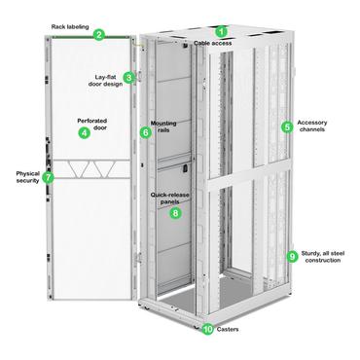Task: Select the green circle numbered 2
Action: pos(99,36)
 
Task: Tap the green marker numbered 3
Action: pos(128,78)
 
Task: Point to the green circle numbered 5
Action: pos(287,126)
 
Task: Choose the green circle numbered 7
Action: pos(48,178)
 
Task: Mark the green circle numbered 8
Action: pos(175,212)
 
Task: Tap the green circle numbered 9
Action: pos(292,256)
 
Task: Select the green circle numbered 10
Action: pos(208,329)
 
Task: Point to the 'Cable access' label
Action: pos(213,44)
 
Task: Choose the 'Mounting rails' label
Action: pos(164,129)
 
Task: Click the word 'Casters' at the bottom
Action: pos(229,330)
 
